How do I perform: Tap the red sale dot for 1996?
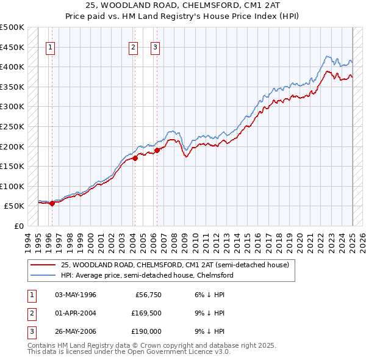pos(52,204)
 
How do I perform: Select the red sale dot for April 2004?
pos(135,159)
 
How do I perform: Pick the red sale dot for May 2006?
pos(157,150)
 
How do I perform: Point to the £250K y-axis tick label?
pos(12,126)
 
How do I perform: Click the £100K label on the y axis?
pos(12,186)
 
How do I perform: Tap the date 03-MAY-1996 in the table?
pos(76,295)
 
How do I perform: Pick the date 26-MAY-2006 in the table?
pos(76,331)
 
